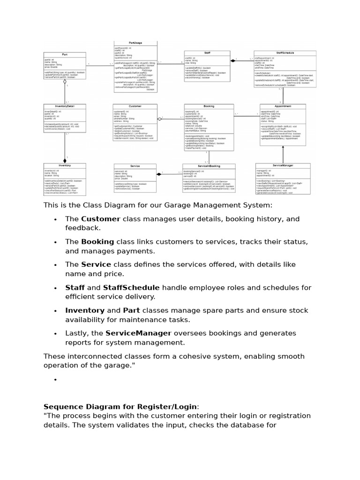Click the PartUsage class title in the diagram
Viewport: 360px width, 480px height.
(135, 43)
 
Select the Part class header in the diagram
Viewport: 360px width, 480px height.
(65, 54)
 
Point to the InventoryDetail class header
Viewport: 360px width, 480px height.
(65, 106)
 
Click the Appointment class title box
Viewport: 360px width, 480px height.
(283, 106)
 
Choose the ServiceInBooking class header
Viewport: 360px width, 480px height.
(209, 166)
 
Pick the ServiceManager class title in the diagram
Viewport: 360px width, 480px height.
(283, 165)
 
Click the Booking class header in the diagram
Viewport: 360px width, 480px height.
(209, 106)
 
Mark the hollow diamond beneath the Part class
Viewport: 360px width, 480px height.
(65, 82)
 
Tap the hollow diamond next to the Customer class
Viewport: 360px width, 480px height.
(160, 119)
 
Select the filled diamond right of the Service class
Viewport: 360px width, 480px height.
(159, 174)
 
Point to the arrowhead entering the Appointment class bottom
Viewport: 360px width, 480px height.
(283, 147)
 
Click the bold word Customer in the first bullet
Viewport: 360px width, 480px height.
(100, 219)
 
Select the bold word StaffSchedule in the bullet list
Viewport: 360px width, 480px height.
(131, 287)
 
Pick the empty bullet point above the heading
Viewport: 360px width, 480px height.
(55, 379)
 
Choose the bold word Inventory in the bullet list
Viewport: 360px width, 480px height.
(84, 310)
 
